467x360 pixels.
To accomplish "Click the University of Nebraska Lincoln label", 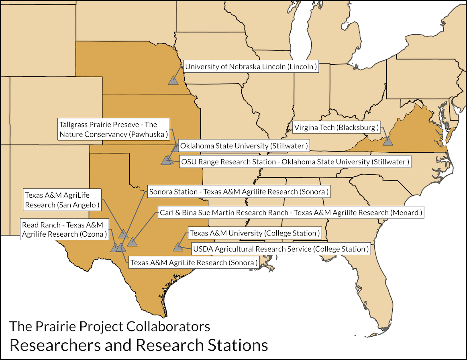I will click(x=251, y=67).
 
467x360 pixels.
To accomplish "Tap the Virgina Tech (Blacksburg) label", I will click(x=336, y=128).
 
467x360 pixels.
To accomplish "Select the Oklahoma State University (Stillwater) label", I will click(x=244, y=145).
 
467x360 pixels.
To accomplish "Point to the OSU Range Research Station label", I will click(x=295, y=162).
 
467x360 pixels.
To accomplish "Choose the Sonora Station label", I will click(x=239, y=192).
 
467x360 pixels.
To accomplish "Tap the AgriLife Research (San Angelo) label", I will click(x=62, y=200).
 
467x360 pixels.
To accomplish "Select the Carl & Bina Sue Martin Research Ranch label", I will click(x=291, y=212).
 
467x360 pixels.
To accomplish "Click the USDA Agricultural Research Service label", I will click(x=280, y=249).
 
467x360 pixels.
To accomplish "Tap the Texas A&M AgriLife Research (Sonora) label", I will click(x=193, y=263).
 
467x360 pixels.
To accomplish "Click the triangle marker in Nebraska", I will click(x=173, y=80).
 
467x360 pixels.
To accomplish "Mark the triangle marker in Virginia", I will click(x=387, y=141).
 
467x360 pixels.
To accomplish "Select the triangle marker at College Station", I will click(x=178, y=247).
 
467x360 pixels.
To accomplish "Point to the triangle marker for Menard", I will click(x=132, y=242).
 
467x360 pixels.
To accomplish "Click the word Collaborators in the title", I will click(x=168, y=326).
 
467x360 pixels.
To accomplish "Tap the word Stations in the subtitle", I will click(x=237, y=345).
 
